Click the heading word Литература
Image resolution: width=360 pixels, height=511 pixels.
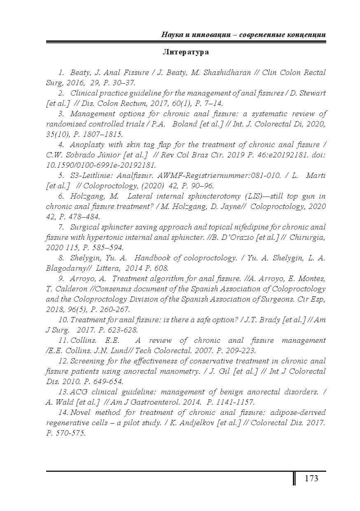186,52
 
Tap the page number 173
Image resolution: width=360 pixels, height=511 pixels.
311,478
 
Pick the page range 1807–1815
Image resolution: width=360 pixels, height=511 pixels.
101,134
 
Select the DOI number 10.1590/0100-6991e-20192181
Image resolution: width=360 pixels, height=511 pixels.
101,165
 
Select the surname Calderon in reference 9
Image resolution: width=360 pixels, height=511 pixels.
68,289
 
